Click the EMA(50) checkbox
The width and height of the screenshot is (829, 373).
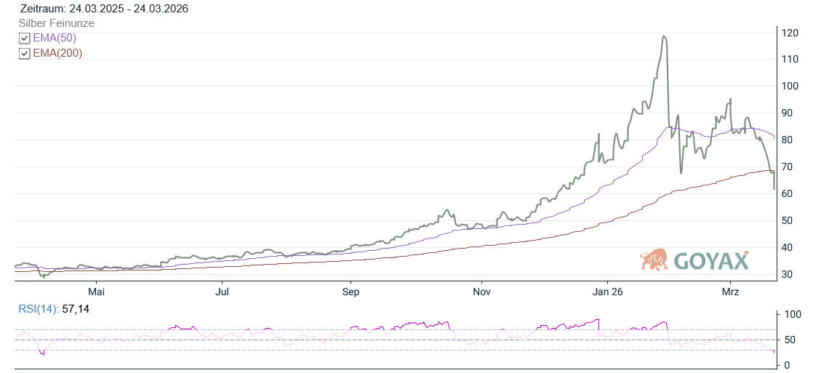pyautogui.click(x=24, y=39)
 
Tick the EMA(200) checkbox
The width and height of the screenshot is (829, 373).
pyautogui.click(x=24, y=54)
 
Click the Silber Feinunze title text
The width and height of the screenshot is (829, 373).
pyautogui.click(x=56, y=23)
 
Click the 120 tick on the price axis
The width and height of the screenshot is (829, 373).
pyautogui.click(x=790, y=33)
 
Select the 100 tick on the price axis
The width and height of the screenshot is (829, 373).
pyautogui.click(x=790, y=86)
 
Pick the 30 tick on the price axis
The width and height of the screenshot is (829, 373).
pyautogui.click(x=788, y=274)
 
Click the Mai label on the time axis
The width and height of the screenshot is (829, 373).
pyautogui.click(x=96, y=292)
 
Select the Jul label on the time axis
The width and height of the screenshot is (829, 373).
pyautogui.click(x=223, y=292)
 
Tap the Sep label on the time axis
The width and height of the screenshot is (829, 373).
pyautogui.click(x=351, y=292)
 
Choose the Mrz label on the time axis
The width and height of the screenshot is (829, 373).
pyautogui.click(x=730, y=292)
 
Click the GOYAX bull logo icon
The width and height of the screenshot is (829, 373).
pyautogui.click(x=654, y=260)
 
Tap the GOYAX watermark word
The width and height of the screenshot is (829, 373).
pyautogui.click(x=710, y=260)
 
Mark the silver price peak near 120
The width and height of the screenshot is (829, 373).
pyautogui.click(x=663, y=36)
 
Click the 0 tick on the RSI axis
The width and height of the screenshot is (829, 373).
pyautogui.click(x=785, y=364)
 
